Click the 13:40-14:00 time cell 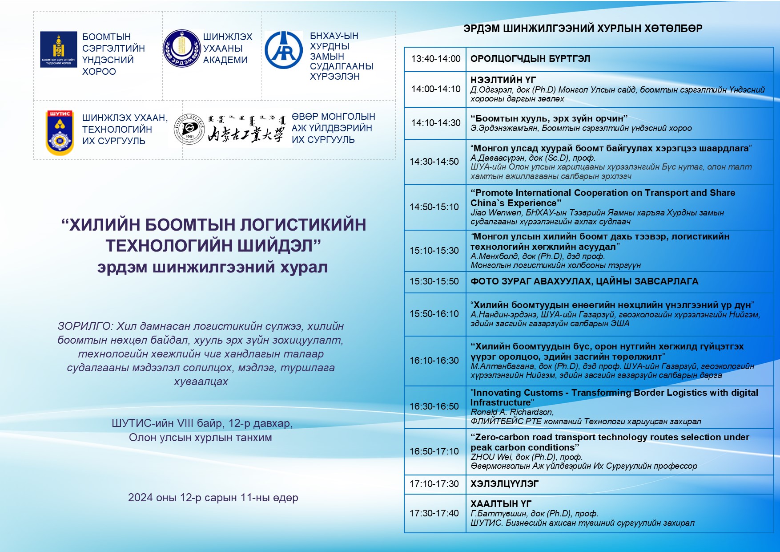(x=435, y=59)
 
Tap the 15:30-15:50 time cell (x=434, y=281)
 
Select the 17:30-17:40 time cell (x=434, y=513)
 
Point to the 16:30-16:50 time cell (x=434, y=406)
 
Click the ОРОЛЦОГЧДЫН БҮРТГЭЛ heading (x=530, y=59)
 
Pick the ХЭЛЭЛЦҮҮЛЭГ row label (x=504, y=484)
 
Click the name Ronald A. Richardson (x=512, y=412)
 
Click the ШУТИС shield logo (x=60, y=133)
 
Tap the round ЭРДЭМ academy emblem (x=181, y=49)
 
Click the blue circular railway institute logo (x=283, y=50)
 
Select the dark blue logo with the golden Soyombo (x=58, y=49)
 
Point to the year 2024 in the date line (x=140, y=498)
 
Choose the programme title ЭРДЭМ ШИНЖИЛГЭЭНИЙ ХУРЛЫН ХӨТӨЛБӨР (x=583, y=28)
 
